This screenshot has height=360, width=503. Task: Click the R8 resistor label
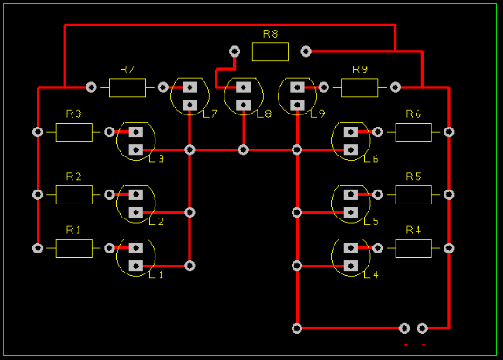tap(270, 34)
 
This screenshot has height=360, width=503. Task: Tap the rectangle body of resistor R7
tap(127, 87)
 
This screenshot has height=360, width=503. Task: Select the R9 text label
tap(360, 69)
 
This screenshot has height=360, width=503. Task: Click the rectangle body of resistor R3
tap(73, 132)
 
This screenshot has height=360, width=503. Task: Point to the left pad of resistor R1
tap(38, 248)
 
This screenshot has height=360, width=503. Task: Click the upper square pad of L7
tap(189, 87)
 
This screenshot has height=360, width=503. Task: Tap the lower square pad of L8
tap(243, 105)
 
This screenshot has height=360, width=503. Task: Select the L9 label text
tap(318, 114)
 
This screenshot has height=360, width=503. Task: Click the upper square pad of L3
tap(136, 132)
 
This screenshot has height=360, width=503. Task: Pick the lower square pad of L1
tap(136, 266)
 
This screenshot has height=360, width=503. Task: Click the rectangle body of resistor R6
tap(414, 132)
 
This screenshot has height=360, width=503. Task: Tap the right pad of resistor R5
tap(449, 195)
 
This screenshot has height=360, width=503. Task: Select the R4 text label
tap(413, 230)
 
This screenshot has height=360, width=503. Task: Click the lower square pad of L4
tap(351, 266)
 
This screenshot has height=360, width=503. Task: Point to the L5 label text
tap(371, 221)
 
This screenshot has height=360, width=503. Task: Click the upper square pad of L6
tap(351, 132)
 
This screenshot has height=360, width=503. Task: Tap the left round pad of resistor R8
tap(235, 52)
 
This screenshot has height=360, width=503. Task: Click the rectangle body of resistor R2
tap(73, 195)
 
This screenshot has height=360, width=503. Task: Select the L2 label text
tap(156, 221)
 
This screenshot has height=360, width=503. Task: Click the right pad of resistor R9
tap(396, 87)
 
